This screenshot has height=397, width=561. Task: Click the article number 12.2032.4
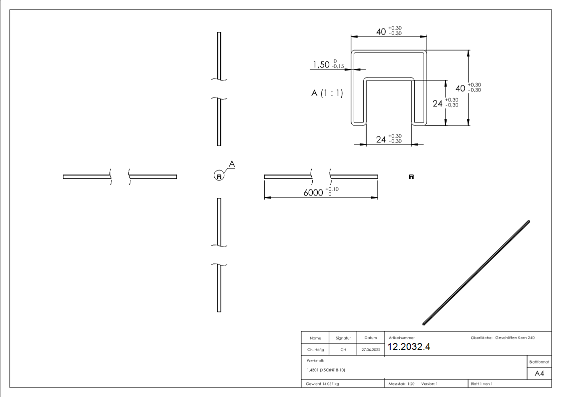[x=409, y=346]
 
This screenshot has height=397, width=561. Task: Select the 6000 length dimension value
[x=313, y=193]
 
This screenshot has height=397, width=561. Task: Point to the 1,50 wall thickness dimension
[x=321, y=65]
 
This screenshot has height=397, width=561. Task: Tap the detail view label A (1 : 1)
[x=327, y=93]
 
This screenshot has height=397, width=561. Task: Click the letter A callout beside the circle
[x=232, y=164]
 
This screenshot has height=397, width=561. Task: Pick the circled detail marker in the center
[x=219, y=176]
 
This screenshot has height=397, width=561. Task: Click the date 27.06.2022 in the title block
[x=371, y=349]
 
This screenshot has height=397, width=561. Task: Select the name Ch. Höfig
[x=315, y=349]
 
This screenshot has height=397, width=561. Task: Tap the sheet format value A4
[x=539, y=373]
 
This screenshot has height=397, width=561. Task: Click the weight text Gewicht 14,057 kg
[x=322, y=384]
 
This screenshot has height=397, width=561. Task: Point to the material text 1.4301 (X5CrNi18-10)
[x=326, y=370]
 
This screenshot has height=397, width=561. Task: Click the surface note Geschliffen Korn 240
[x=515, y=337]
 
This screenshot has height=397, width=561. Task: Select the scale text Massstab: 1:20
[x=402, y=384]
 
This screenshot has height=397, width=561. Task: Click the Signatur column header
[x=343, y=338]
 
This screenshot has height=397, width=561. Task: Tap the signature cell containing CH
[x=343, y=349]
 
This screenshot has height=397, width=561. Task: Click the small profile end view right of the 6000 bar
[x=412, y=176]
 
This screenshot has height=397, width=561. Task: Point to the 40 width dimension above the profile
[x=381, y=31]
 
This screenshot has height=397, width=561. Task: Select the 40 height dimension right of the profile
[x=460, y=88]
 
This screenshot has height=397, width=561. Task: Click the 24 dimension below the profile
[x=381, y=139]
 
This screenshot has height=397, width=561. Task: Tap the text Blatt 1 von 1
[x=482, y=384]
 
